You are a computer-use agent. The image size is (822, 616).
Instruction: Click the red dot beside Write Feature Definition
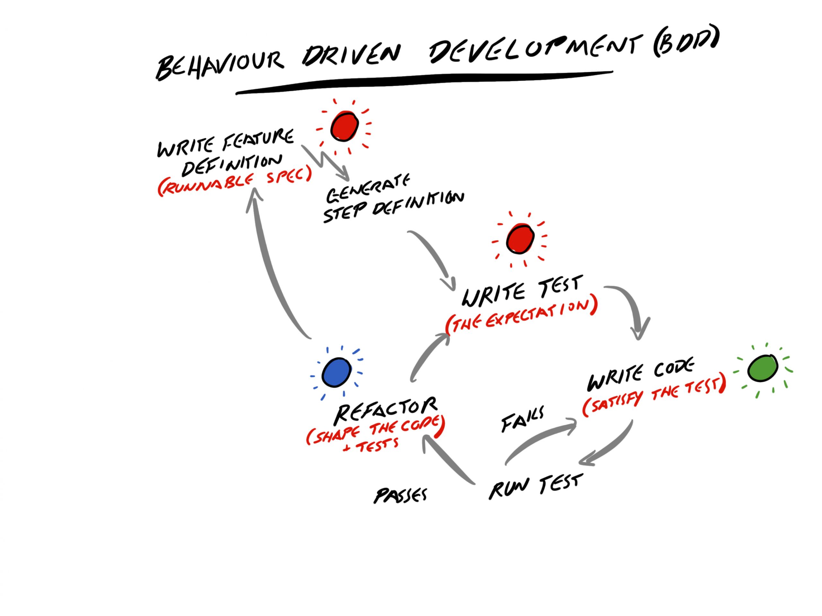[345, 126]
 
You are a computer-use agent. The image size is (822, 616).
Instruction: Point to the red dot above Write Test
[520, 239]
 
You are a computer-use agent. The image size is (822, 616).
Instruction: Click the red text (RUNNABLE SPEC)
[234, 182]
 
